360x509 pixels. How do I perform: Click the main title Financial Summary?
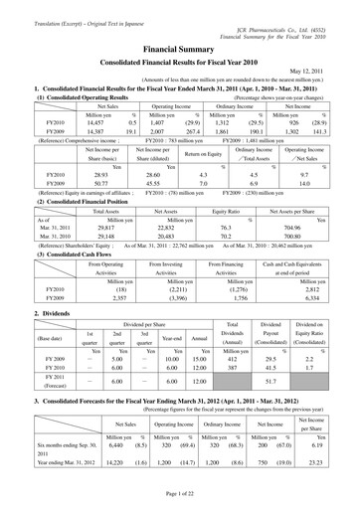(180, 47)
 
